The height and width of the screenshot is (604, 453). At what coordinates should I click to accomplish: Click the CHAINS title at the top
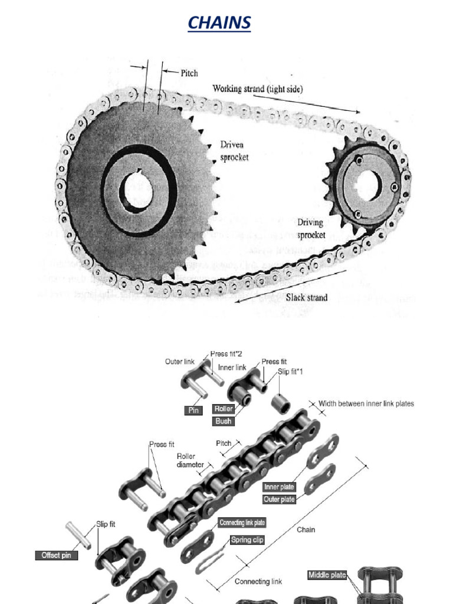[x=219, y=23]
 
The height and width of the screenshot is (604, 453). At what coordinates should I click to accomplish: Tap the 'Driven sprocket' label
[x=234, y=150]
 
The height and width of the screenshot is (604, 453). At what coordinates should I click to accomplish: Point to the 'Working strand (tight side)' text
[x=258, y=89]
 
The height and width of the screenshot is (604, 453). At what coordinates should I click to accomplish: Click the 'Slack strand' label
[x=307, y=297]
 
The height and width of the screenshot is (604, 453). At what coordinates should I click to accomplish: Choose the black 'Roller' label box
[x=224, y=409]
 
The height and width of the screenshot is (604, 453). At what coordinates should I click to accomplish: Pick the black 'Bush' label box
[x=224, y=421]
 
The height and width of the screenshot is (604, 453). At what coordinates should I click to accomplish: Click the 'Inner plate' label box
[x=279, y=487]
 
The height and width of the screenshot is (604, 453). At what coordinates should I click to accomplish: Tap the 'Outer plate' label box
[x=279, y=500]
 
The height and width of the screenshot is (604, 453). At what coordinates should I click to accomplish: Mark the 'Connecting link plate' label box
[x=242, y=523]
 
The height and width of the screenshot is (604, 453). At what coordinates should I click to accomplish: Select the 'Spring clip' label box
[x=247, y=540]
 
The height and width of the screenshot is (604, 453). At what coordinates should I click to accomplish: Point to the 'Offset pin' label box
[x=56, y=556]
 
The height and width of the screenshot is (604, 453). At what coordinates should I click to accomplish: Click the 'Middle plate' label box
[x=327, y=575]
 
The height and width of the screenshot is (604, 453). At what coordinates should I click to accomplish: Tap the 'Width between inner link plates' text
[x=366, y=404]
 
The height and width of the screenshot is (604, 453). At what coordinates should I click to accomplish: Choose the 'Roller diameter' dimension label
[x=189, y=460]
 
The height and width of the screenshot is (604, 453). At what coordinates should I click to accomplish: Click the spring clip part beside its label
[x=210, y=558]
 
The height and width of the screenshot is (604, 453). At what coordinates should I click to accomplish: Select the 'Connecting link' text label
[x=258, y=582]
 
